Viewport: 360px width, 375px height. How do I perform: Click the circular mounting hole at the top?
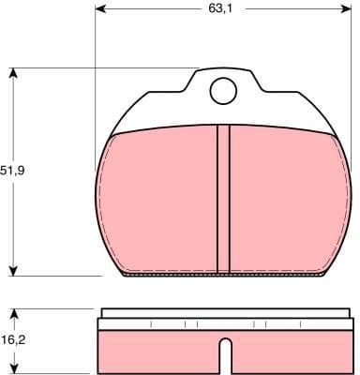(x=222, y=90)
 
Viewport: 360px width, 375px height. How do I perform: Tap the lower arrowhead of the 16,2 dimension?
(x=13, y=368)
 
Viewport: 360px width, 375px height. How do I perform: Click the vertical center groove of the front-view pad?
(x=222, y=197)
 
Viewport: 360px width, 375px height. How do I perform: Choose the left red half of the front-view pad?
(x=159, y=202)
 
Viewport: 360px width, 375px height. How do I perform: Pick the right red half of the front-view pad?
(x=286, y=202)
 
